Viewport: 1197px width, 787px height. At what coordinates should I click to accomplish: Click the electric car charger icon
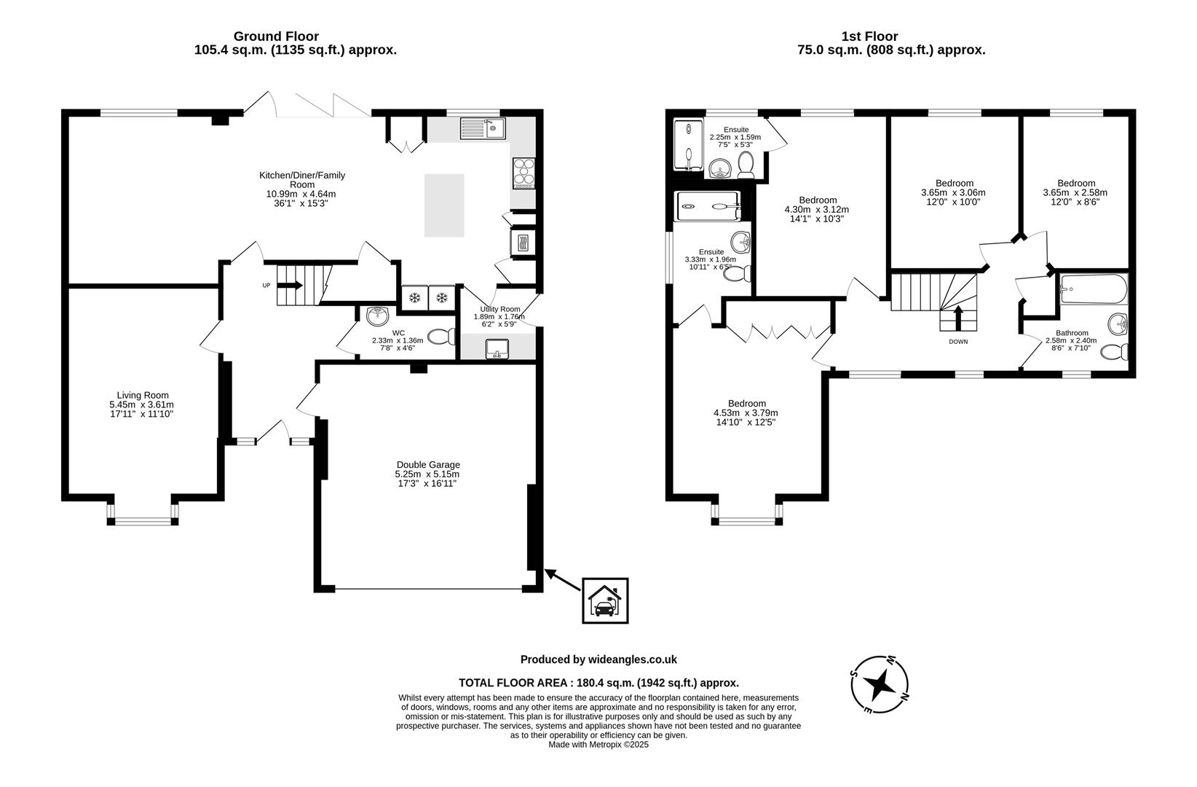[x=604, y=600]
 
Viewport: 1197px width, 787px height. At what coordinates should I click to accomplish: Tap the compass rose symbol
[x=880, y=684]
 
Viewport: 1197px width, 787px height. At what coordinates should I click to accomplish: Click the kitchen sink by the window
[x=483, y=130]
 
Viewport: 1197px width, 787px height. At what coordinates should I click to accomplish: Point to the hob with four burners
[x=524, y=173]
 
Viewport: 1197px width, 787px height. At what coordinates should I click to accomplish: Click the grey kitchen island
[x=444, y=205]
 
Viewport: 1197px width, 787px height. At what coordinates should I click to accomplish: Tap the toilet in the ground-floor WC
[x=440, y=337]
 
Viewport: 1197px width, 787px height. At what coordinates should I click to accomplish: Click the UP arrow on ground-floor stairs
[x=289, y=286]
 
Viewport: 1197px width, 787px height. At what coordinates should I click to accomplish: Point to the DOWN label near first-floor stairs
[x=958, y=341]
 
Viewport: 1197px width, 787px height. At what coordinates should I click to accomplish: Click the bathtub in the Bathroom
[x=1093, y=289]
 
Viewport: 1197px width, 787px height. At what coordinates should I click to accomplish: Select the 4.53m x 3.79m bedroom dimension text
[x=746, y=412]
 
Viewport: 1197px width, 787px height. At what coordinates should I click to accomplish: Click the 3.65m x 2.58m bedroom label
[x=1075, y=192]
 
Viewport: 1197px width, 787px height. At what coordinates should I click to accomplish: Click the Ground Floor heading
[x=276, y=36]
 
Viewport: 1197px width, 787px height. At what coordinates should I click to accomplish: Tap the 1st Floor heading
[x=869, y=36]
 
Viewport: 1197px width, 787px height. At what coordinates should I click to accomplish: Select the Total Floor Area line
[x=598, y=683]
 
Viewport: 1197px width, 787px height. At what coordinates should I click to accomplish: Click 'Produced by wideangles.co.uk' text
[x=598, y=659]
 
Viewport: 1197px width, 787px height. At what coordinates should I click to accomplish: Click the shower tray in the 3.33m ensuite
[x=708, y=205]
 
